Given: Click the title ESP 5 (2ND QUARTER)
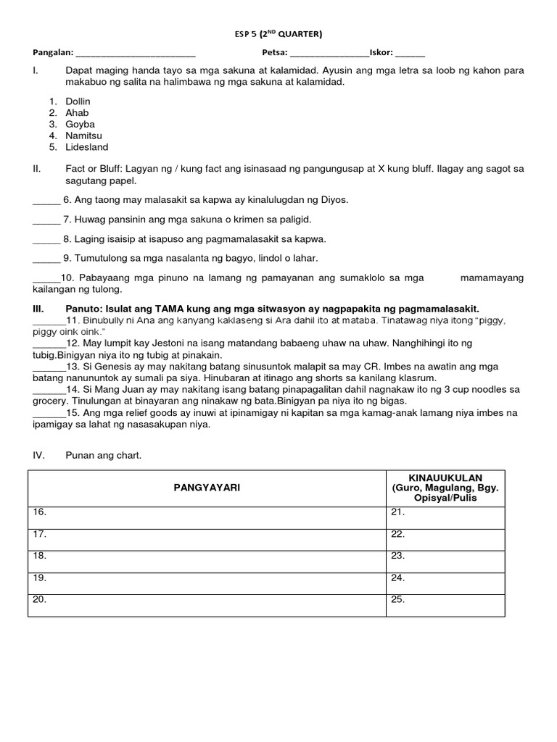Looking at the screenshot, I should (279, 33).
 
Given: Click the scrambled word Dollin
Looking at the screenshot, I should (78, 101).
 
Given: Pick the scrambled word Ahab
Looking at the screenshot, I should (77, 113).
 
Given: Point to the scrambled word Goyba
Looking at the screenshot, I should (80, 124).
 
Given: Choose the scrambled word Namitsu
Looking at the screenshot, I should (83, 136).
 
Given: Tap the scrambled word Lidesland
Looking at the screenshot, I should (86, 147).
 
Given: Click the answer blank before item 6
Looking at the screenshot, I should (46, 201).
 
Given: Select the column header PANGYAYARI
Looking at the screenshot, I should (207, 488).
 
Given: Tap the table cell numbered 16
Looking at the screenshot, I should (207, 517).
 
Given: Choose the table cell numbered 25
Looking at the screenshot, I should (445, 605).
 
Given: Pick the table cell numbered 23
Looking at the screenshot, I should (445, 562).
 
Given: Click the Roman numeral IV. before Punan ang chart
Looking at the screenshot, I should (38, 455).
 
